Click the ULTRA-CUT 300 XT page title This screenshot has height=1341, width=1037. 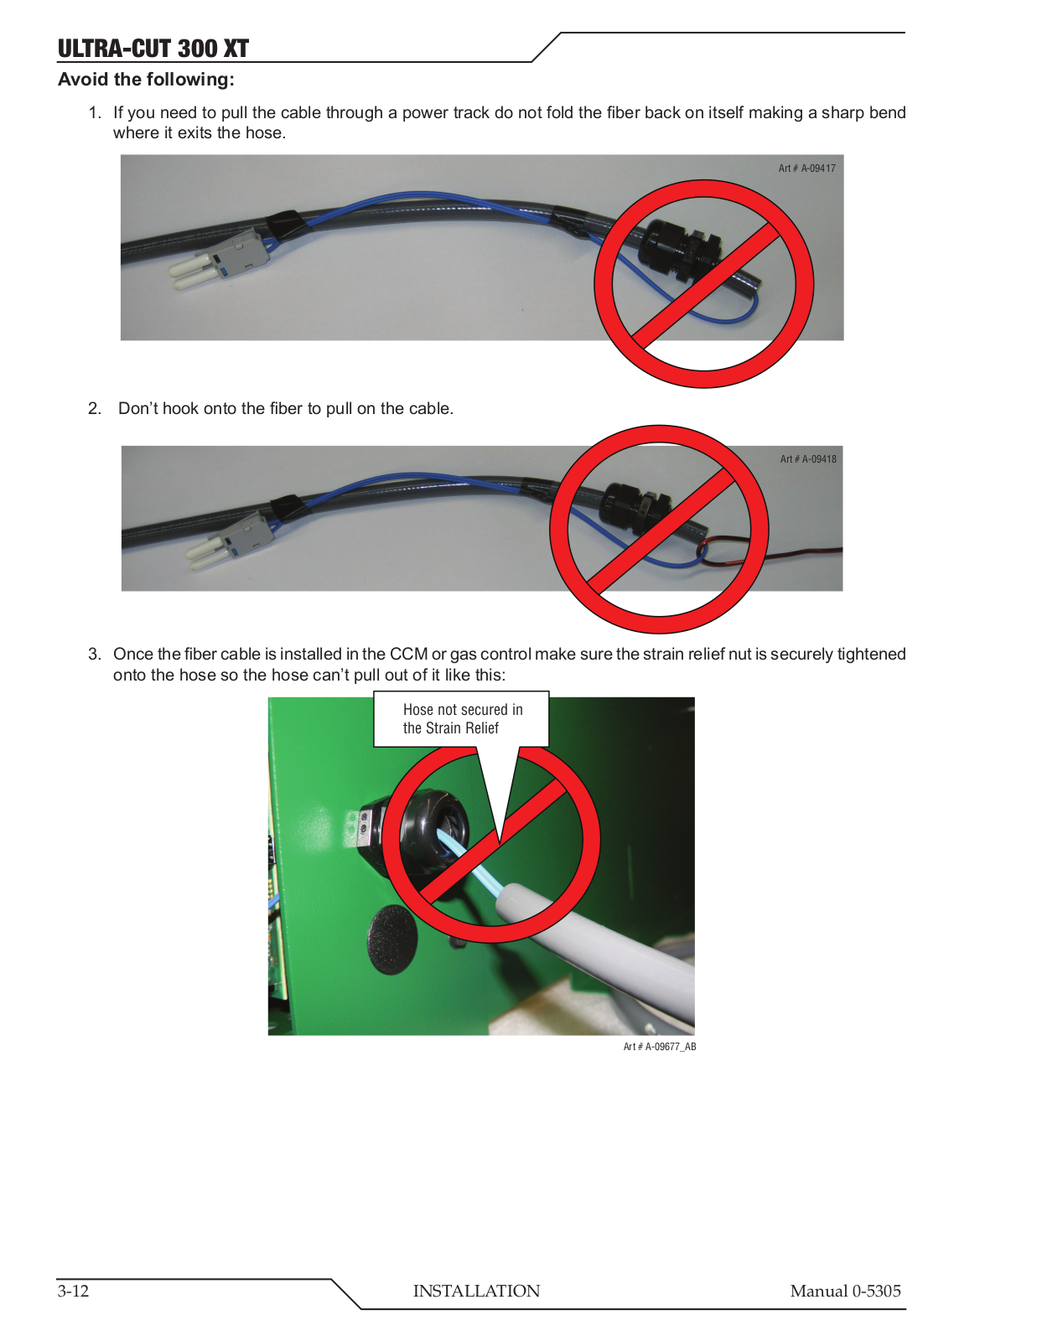click(x=153, y=48)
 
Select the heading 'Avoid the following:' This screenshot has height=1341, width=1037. click(x=147, y=80)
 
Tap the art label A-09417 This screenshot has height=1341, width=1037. click(x=806, y=168)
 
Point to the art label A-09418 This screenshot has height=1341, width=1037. click(x=808, y=459)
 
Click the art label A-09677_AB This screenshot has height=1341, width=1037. click(x=660, y=1047)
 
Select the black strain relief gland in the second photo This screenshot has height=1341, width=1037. click(x=639, y=507)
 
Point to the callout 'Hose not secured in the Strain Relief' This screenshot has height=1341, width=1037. click(x=462, y=719)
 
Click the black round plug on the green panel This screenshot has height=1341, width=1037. click(x=392, y=940)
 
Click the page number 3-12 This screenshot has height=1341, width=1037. click(x=73, y=1291)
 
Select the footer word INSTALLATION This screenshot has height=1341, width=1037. click(x=476, y=1291)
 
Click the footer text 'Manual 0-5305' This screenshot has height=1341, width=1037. click(x=845, y=1291)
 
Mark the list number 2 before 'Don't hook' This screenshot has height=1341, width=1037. click(x=95, y=408)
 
